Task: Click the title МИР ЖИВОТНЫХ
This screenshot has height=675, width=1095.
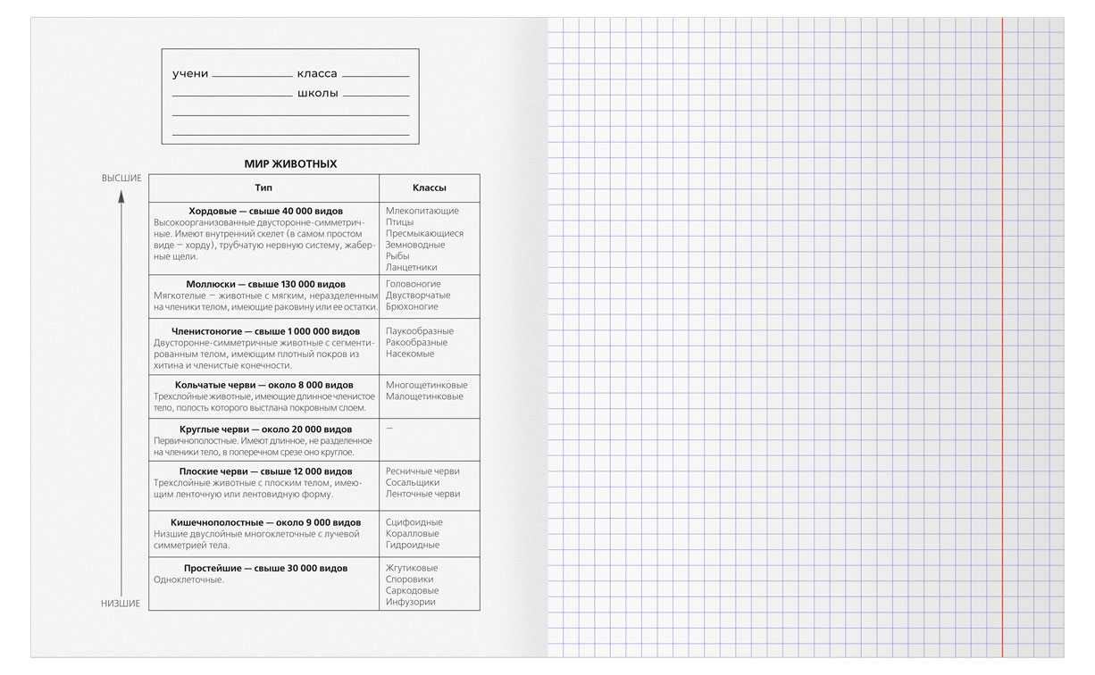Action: tap(290, 164)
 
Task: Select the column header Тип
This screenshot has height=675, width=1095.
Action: tap(263, 188)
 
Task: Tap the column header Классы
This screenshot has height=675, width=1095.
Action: tap(429, 188)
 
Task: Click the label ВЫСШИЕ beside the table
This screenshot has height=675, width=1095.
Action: tap(121, 179)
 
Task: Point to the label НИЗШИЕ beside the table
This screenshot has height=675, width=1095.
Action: tap(121, 604)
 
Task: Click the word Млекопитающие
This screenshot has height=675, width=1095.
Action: tap(422, 211)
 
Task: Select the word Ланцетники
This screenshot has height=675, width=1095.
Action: tap(412, 267)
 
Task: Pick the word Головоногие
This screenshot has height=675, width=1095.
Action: tap(413, 284)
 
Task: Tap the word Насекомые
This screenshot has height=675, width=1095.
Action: tap(410, 354)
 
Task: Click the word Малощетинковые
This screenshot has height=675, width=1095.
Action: tap(424, 396)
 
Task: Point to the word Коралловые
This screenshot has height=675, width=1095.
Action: tap(413, 534)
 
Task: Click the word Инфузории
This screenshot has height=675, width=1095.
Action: tap(411, 602)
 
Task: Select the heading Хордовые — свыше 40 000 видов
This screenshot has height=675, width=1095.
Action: tap(265, 211)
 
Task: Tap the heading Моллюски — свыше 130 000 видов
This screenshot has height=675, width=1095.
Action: tap(265, 284)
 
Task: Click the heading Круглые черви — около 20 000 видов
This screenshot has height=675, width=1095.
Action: tap(265, 429)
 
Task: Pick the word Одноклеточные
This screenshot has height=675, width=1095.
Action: tap(188, 579)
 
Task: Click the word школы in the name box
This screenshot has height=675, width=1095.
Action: tap(317, 94)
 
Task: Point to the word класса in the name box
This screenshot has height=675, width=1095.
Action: tap(317, 74)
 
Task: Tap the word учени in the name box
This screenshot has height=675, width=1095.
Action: tap(190, 74)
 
